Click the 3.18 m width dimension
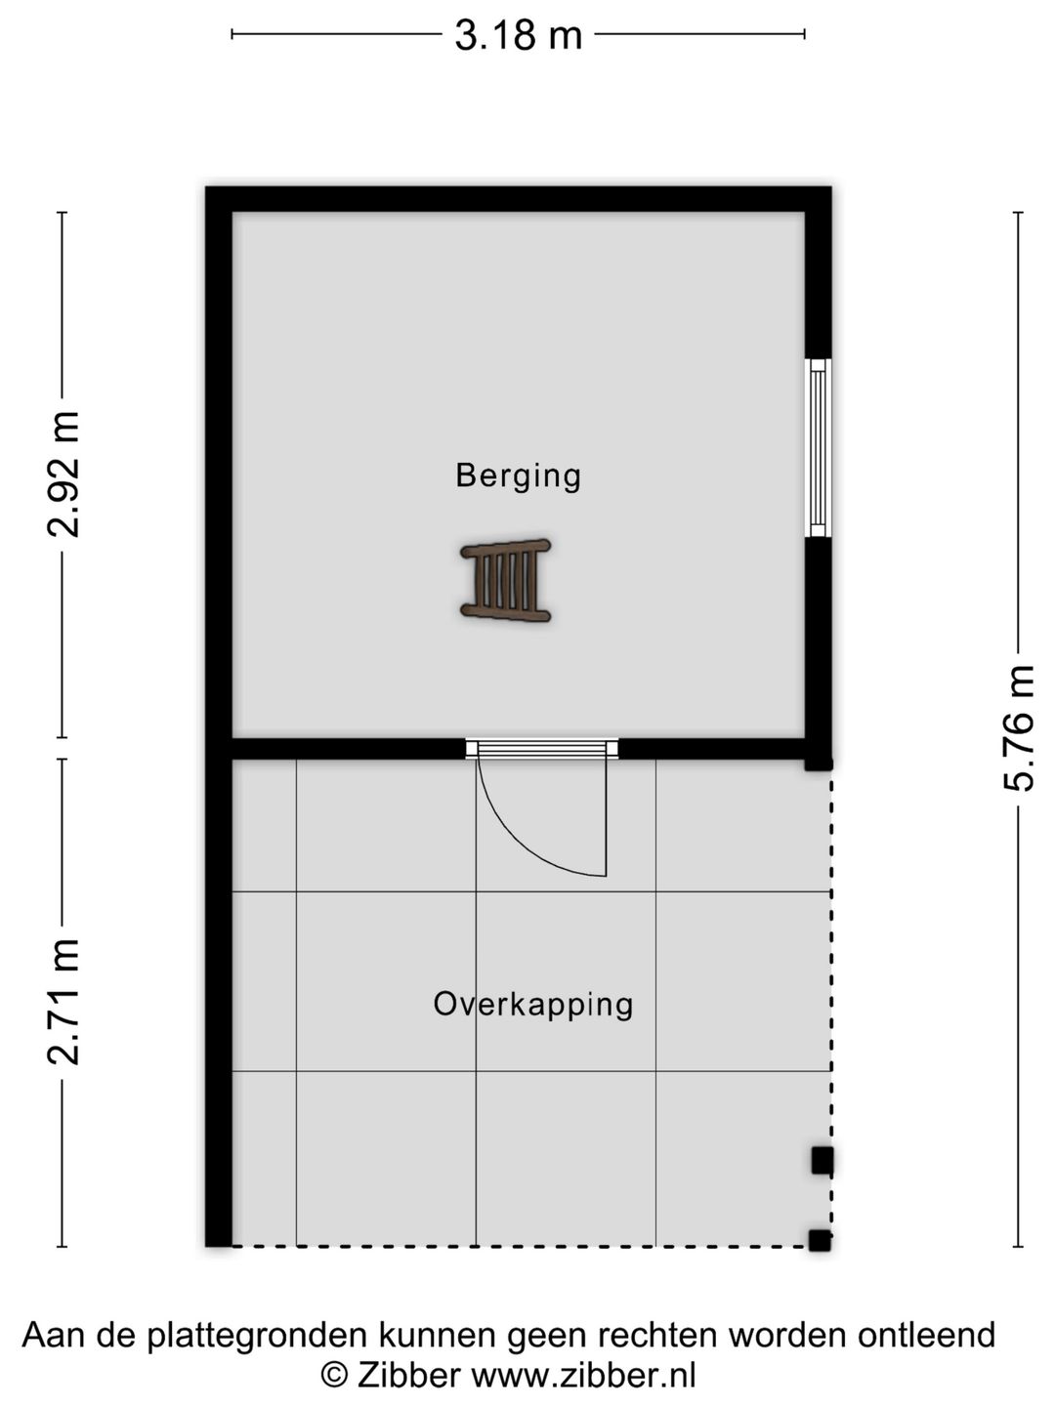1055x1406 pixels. click(518, 35)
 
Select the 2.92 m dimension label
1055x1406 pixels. click(63, 474)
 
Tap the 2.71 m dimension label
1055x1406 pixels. click(63, 1003)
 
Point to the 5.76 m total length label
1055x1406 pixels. click(1019, 729)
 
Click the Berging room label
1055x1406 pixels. click(518, 476)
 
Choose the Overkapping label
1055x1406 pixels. click(533, 1004)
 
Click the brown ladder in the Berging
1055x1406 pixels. click(505, 580)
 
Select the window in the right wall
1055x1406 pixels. click(818, 448)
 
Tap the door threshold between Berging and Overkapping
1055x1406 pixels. click(542, 749)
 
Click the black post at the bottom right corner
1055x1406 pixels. click(820, 1241)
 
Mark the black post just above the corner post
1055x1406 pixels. click(823, 1161)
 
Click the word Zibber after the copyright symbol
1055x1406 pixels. click(408, 1376)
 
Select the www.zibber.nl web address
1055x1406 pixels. click(583, 1376)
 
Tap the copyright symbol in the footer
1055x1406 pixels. click(333, 1376)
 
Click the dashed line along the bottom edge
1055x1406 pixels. click(520, 1246)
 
